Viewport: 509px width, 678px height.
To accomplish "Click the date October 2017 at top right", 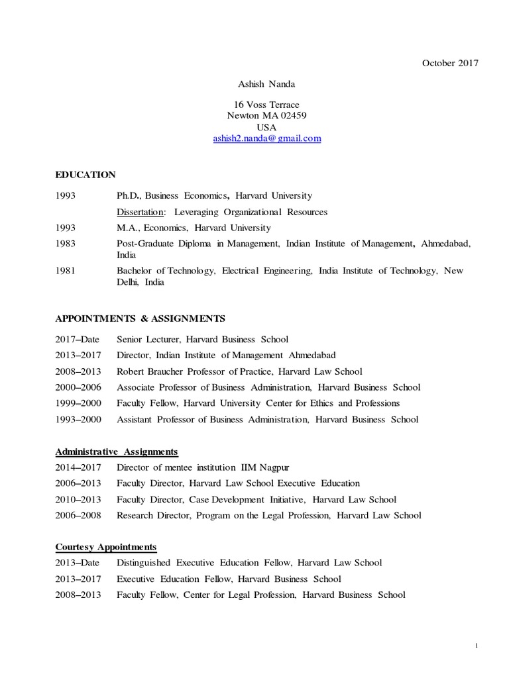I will click(x=449, y=63).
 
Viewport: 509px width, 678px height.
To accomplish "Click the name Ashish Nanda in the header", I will click(x=266, y=85).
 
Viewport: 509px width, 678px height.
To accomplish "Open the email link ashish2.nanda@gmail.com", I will click(x=266, y=139).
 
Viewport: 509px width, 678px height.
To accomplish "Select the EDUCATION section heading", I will click(x=85, y=175).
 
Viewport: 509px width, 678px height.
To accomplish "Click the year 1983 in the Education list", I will click(x=66, y=244).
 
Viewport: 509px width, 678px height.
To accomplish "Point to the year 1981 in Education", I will click(x=66, y=271).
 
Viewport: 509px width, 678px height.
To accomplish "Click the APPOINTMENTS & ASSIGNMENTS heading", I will click(x=140, y=318).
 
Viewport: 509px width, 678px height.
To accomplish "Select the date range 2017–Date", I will click(x=78, y=340).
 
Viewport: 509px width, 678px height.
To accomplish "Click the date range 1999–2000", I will click(x=78, y=403).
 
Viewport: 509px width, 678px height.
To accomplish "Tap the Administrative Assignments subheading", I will click(x=117, y=452).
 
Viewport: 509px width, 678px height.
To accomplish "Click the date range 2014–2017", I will click(x=78, y=467).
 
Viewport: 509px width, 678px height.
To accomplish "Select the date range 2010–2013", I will click(x=78, y=499).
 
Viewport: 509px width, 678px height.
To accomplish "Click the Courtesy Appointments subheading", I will click(x=106, y=547).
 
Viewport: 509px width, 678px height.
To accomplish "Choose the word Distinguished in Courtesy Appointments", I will click(x=144, y=563).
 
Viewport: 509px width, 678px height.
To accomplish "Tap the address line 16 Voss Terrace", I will click(x=266, y=105).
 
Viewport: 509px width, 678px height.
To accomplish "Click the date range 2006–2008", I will click(x=78, y=515).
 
